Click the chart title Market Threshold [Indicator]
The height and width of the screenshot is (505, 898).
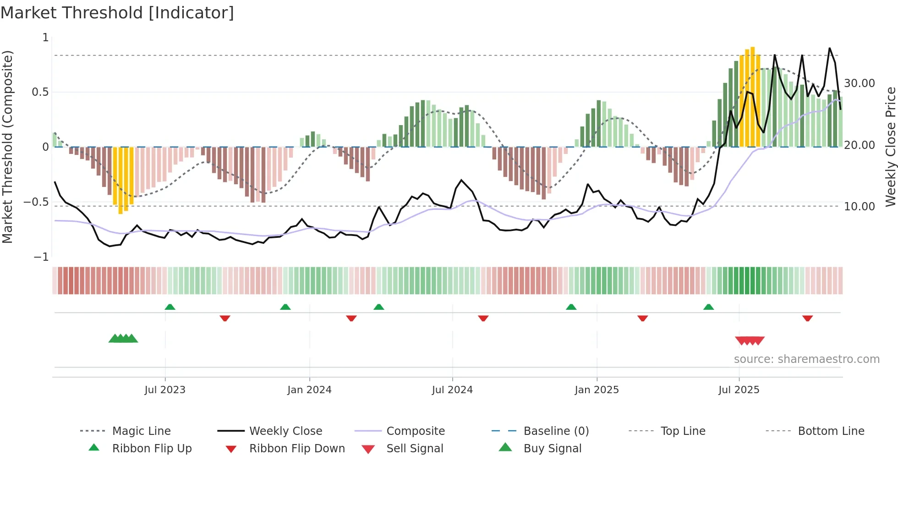[x=117, y=13]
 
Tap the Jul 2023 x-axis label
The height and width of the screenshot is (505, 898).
[x=165, y=390]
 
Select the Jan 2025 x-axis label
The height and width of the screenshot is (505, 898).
[x=597, y=390]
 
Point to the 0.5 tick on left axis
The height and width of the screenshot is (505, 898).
[x=40, y=92]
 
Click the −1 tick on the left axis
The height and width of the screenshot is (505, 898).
[x=41, y=257]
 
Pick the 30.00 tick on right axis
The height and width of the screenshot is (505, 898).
[x=859, y=83]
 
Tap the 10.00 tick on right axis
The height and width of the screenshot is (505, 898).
[x=859, y=207]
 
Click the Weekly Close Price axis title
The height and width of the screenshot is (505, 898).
[x=890, y=147]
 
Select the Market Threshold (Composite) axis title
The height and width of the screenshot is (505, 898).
[x=7, y=147]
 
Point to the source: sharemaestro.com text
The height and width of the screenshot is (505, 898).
[x=806, y=359]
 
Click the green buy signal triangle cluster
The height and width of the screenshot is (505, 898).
[x=123, y=339]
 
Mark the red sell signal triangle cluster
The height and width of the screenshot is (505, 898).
[x=750, y=340]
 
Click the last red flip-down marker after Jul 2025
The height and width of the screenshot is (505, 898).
[x=807, y=318]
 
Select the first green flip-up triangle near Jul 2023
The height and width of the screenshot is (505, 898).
[x=170, y=307]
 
